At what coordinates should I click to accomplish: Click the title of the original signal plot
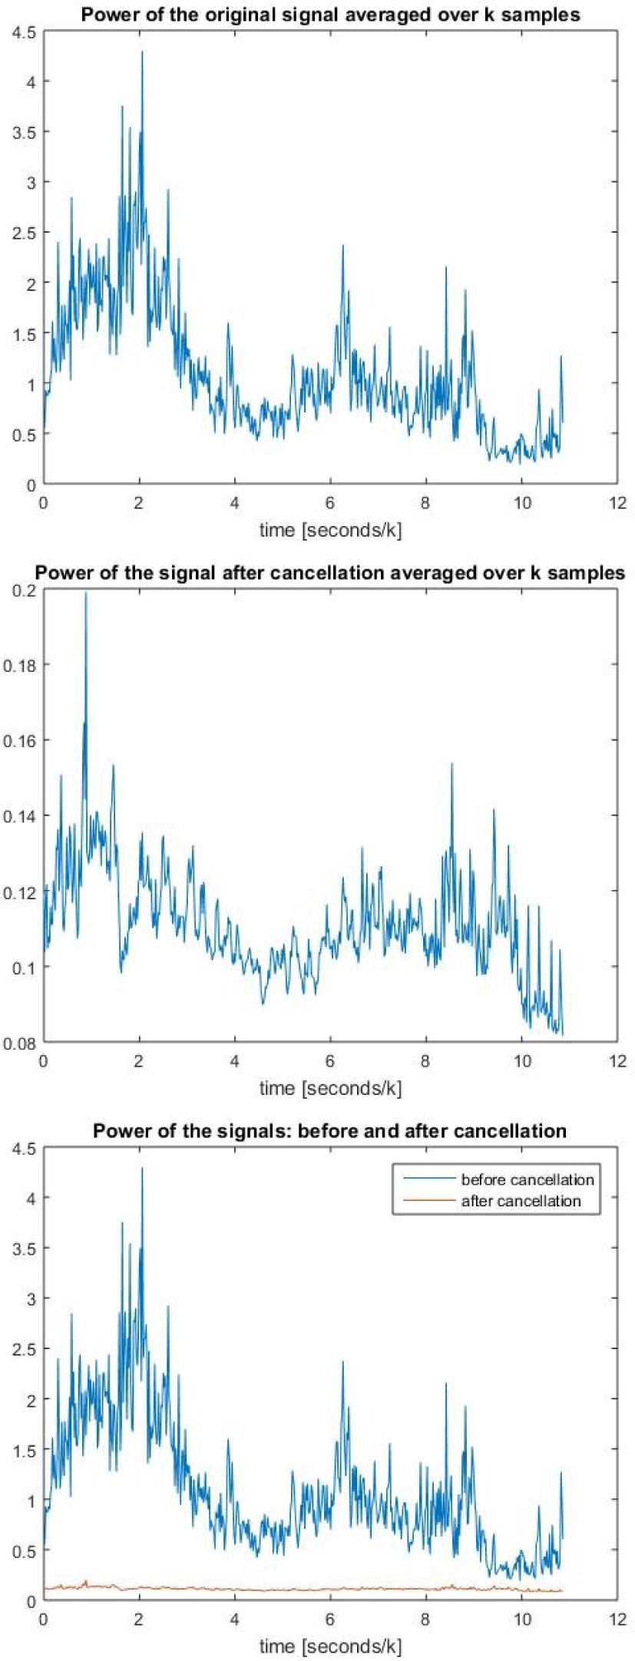[330, 15]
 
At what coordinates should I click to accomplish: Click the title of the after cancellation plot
[330, 573]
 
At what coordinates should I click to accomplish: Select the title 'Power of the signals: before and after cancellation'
[330, 1130]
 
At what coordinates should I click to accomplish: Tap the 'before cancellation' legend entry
[527, 1180]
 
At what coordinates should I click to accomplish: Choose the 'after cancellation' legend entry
[521, 1200]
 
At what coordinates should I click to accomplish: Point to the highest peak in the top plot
[142, 52]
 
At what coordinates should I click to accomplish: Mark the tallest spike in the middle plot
[86, 592]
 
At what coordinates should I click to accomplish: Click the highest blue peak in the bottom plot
[142, 1168]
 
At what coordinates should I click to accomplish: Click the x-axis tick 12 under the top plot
[617, 503]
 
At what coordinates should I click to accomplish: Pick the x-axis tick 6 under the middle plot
[330, 1061]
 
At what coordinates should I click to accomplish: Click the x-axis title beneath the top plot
[330, 530]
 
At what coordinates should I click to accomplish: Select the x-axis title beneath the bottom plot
[330, 1646]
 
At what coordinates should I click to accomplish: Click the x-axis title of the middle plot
[330, 1088]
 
